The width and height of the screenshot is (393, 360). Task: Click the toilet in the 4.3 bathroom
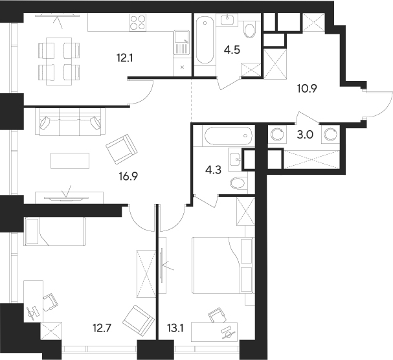pos(238,183)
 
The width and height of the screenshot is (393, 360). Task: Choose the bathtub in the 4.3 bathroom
pos(227,137)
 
